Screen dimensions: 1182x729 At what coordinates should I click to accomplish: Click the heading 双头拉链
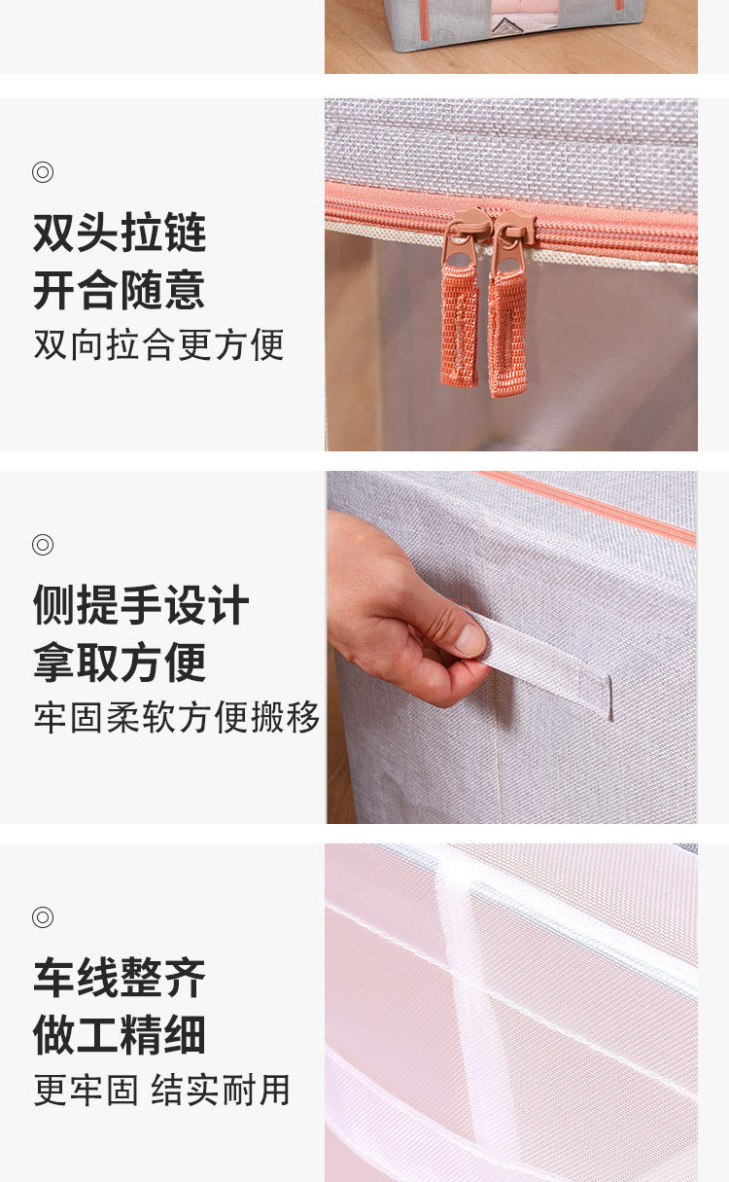pyautogui.click(x=120, y=233)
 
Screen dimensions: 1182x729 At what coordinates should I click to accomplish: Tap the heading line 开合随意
pyautogui.click(x=120, y=290)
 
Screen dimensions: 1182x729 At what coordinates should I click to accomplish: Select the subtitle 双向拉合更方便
pyautogui.click(x=158, y=344)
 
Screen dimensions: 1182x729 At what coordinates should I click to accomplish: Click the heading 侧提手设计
pyautogui.click(x=141, y=605)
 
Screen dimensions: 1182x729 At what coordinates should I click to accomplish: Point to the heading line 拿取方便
pyautogui.click(x=120, y=663)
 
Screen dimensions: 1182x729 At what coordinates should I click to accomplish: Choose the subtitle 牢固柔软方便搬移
pyautogui.click(x=177, y=717)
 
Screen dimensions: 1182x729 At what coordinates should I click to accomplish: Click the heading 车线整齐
pyautogui.click(x=120, y=978)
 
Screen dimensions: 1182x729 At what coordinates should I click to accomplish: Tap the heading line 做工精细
pyautogui.click(x=120, y=1035)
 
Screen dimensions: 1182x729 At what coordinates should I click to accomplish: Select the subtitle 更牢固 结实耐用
pyautogui.click(x=162, y=1090)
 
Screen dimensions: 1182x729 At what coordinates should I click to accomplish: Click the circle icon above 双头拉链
pyautogui.click(x=43, y=172)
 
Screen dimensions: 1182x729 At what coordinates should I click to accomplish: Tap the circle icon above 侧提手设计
pyautogui.click(x=43, y=545)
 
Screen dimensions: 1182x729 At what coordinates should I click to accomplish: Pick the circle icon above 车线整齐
pyautogui.click(x=43, y=917)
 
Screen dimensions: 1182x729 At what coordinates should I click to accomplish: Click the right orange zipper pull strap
pyautogui.click(x=507, y=331)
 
